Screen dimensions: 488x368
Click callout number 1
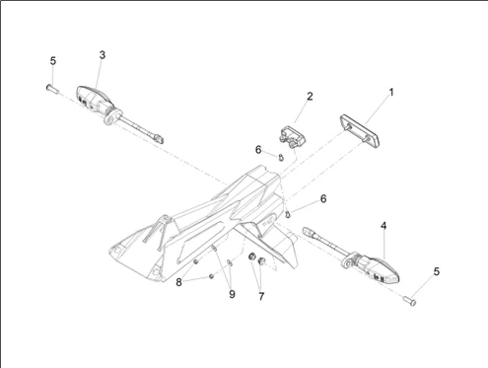tap(391, 93)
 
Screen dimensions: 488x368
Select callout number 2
tap(310, 96)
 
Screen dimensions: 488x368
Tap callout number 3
tap(103, 55)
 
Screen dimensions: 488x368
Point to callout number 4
tap(383, 226)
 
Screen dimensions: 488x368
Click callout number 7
tap(261, 296)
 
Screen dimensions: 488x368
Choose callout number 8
tap(178, 282)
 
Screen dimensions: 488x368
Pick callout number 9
tap(232, 294)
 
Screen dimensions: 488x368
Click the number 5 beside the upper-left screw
tap(53, 61)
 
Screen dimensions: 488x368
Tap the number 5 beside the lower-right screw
tap(437, 271)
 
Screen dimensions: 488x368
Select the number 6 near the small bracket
tap(258, 150)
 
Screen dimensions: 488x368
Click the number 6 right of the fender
tap(323, 198)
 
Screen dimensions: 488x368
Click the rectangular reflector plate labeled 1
tap(360, 130)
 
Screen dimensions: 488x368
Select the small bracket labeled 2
tap(292, 137)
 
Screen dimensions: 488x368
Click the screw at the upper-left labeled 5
tap(52, 89)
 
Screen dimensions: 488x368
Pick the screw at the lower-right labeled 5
tap(409, 300)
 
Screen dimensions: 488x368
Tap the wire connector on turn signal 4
tap(309, 231)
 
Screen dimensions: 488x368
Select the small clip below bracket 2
tap(280, 158)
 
